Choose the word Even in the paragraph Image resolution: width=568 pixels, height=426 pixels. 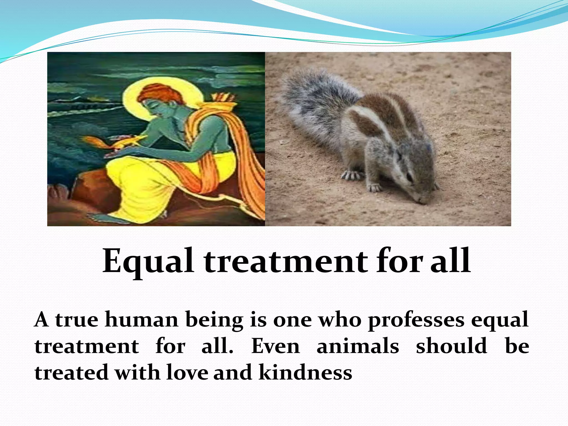click(x=275, y=346)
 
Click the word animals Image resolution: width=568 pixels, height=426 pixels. click(x=358, y=346)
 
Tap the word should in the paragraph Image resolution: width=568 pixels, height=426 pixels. click(x=452, y=346)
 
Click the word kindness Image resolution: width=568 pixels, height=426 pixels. click(x=305, y=372)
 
